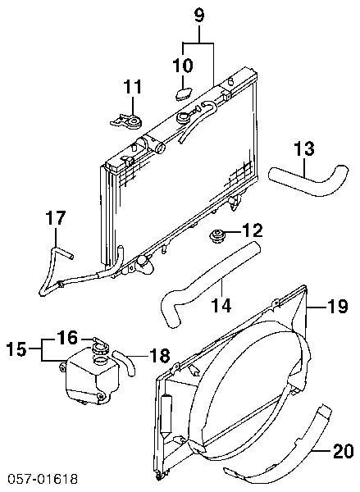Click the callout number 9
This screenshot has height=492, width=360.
coord(199,16)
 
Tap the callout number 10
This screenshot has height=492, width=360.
coord(183,65)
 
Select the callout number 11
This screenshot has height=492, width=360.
coord(133,86)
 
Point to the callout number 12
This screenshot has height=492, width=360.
coord(253,230)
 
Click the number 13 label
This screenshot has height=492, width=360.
coord(304,148)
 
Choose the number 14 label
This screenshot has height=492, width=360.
coord(221,305)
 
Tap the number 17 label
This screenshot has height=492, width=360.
coord(55,217)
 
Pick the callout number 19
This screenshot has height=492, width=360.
coord(337,306)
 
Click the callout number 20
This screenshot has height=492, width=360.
coord(344,451)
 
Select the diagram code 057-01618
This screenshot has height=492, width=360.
coord(43,479)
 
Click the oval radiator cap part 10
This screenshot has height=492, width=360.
coord(184,93)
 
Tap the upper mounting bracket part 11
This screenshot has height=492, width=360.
coord(126,121)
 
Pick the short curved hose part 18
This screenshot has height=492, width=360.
coord(125,362)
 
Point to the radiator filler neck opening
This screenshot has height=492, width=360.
coord(183,119)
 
